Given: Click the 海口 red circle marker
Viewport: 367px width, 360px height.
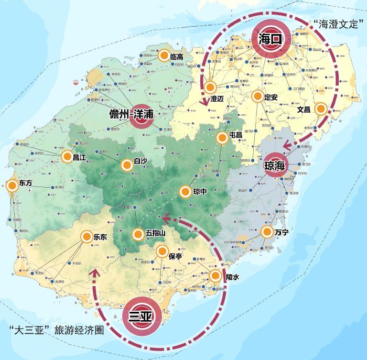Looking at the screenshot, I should coord(271,38).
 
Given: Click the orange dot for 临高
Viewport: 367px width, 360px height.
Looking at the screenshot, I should coord(164,56).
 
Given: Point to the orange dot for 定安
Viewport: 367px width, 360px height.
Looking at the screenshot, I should coord(257,96).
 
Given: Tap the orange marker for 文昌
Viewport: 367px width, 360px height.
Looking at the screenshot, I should coord(320,108).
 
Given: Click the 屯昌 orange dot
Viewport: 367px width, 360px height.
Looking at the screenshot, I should coord(222,138).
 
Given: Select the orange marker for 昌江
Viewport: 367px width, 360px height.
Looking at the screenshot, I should coord(67,156).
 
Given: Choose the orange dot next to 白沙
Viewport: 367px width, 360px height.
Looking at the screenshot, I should coord(126,165).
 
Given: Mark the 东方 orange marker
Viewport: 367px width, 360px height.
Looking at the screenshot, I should coord(12,184).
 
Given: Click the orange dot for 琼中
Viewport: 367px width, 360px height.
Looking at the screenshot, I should coord(185,192).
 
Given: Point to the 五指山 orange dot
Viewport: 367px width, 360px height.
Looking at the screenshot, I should coord(137,234).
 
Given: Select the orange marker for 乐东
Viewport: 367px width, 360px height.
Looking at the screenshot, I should coord(87,237).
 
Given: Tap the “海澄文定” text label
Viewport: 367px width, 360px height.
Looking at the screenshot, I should coord(339,23).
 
